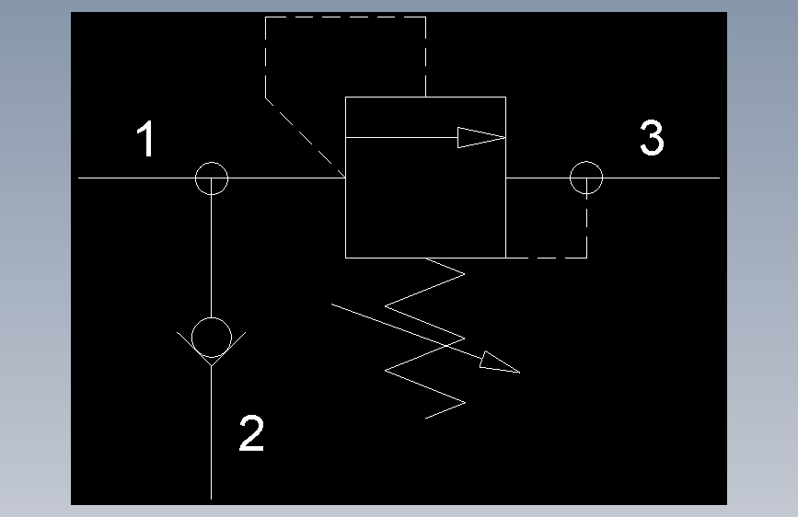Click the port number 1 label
point(146,138)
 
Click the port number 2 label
point(251,432)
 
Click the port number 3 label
point(652,137)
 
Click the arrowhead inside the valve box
point(481,137)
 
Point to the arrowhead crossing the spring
point(499,362)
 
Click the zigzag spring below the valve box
point(425,339)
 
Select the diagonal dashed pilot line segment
point(306,137)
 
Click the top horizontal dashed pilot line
point(345,17)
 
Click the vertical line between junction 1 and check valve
point(211,256)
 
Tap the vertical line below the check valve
point(211,432)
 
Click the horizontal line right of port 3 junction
point(662,178)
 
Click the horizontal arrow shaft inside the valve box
point(401,137)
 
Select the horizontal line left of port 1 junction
point(136,178)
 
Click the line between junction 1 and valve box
point(286,178)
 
